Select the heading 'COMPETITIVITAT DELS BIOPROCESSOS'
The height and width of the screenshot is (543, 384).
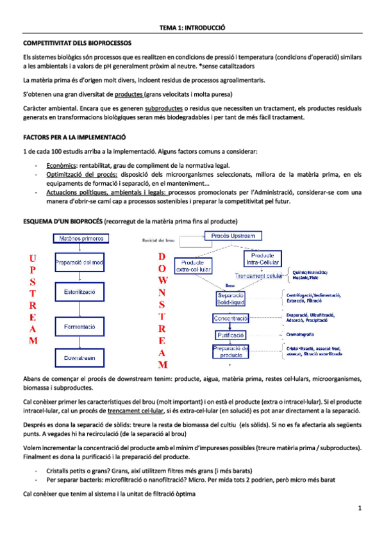77,43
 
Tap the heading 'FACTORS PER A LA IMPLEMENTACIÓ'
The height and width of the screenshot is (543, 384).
74,138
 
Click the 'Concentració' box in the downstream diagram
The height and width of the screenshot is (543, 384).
231,318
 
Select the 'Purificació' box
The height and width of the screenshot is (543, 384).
230,335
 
